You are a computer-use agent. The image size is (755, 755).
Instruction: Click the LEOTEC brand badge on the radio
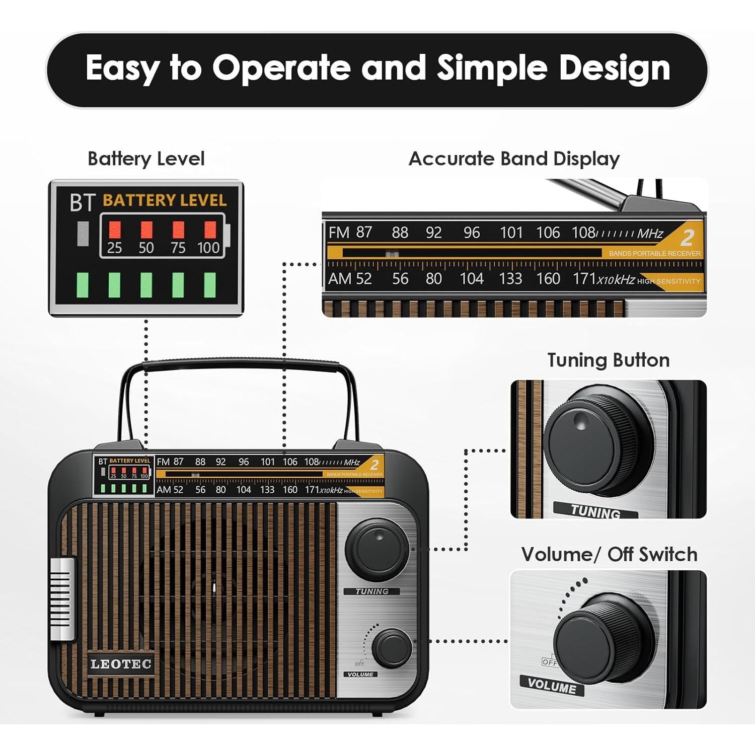(x=121, y=664)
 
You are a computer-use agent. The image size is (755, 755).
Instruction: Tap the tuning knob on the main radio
(x=376, y=550)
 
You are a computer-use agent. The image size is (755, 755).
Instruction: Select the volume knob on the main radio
(x=392, y=648)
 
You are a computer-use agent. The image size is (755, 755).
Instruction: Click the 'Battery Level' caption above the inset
(x=146, y=159)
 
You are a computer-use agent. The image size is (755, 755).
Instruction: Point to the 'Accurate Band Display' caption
(x=514, y=159)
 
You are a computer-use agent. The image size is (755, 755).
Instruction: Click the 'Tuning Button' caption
(x=608, y=360)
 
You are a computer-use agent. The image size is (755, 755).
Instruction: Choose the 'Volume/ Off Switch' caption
(x=609, y=554)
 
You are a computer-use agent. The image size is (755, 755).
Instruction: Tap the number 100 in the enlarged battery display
(x=208, y=248)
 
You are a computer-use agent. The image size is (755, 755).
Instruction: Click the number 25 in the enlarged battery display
(x=114, y=248)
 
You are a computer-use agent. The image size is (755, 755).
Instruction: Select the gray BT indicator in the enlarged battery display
(x=83, y=234)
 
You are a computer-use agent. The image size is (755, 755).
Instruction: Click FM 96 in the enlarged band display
(x=472, y=233)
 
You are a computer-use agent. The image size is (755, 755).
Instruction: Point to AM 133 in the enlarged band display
(x=510, y=278)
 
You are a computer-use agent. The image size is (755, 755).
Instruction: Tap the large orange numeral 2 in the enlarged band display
(x=687, y=237)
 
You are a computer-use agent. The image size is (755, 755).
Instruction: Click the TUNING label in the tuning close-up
(x=595, y=511)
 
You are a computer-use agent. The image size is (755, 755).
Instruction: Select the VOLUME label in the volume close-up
(x=552, y=685)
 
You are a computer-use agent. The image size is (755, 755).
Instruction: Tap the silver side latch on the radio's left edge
(x=62, y=598)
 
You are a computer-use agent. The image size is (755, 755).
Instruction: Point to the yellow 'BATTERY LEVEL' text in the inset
(x=165, y=200)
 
